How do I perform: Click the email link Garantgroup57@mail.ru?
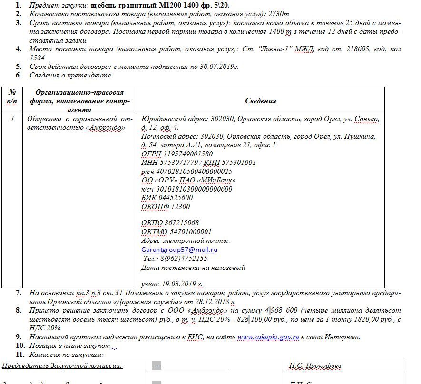pyautogui.click(x=179, y=250)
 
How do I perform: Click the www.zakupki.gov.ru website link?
pyautogui.click(x=268, y=337)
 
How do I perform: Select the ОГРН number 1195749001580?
pyautogui.click(x=188, y=154)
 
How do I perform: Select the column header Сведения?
pyautogui.click(x=260, y=101)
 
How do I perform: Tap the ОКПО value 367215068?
pyautogui.click(x=182, y=223)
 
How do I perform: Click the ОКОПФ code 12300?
pyautogui.click(x=180, y=207)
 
